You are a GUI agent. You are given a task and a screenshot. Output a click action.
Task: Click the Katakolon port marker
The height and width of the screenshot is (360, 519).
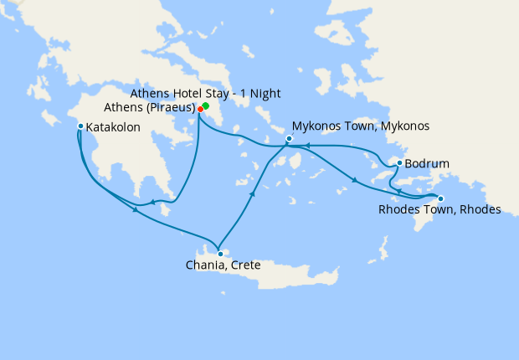80,126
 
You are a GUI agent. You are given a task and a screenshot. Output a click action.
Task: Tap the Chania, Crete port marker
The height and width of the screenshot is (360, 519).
219,254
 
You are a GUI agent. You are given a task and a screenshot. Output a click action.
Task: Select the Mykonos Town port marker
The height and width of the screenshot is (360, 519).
289,138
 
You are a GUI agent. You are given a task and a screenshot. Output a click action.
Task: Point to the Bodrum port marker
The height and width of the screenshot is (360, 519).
400,162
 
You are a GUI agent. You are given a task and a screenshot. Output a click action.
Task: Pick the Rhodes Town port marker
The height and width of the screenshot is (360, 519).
441,198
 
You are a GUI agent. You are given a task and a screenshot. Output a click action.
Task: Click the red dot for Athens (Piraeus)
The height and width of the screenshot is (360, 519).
200,109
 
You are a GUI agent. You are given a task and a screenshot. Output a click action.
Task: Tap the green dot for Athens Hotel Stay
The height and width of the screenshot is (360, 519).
206,105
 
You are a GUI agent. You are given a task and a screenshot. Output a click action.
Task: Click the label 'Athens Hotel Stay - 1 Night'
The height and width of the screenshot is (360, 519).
207,93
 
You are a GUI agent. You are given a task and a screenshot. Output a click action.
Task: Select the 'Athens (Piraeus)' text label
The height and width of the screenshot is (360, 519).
150,108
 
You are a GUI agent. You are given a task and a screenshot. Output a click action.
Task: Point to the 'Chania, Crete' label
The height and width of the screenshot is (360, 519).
223,266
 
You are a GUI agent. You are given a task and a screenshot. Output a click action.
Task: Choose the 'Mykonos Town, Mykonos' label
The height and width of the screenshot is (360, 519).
362,126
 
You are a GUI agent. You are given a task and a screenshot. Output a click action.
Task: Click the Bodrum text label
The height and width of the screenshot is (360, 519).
427,163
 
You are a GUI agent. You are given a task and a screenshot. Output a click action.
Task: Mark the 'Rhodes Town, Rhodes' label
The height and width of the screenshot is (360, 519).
439,210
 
